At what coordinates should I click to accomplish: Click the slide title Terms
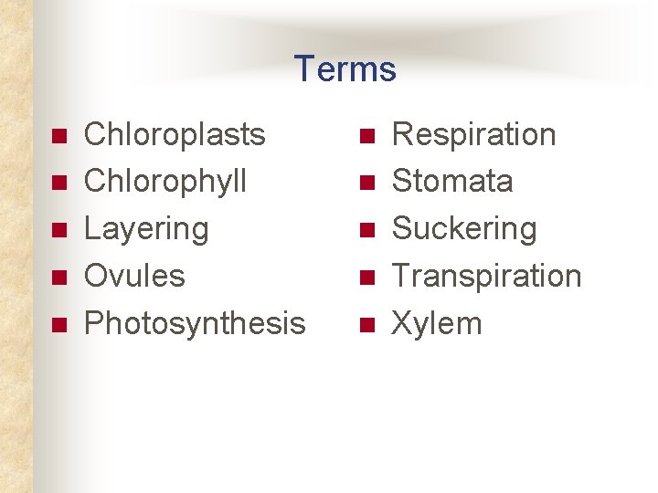pos(345,69)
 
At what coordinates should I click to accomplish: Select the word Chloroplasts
pos(175,134)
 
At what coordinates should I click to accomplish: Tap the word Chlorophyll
pos(165,181)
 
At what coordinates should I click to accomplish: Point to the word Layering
pos(146,228)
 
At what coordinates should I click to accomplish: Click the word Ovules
pos(134,275)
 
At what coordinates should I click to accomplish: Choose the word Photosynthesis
pos(195,322)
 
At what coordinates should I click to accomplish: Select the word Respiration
pos(473,134)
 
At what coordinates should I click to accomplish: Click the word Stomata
pos(452,181)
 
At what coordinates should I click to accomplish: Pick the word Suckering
pos(464,228)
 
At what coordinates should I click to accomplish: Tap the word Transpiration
pos(486,275)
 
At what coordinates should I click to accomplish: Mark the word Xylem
pos(436,322)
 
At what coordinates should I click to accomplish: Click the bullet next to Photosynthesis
pos(58,324)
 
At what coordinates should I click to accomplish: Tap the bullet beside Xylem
pos(366,324)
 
